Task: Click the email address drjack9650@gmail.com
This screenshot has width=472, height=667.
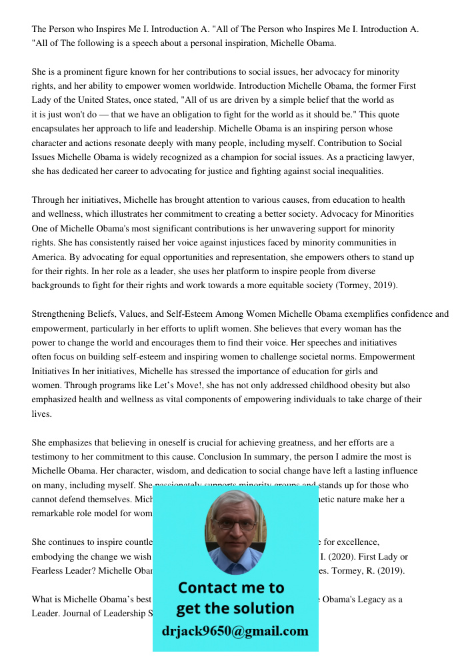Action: (x=235, y=631)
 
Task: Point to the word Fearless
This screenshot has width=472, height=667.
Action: (x=50, y=570)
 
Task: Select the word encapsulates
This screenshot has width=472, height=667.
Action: (x=61, y=129)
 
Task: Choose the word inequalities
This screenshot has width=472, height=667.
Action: (x=358, y=171)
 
